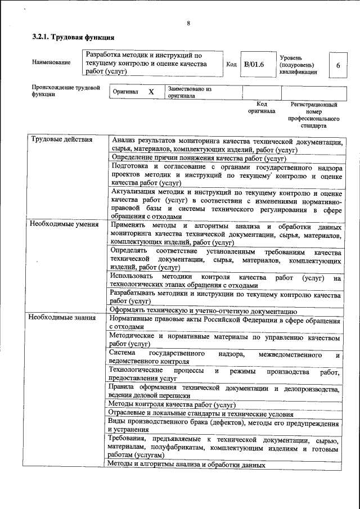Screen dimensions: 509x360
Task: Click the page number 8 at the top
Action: point(188,23)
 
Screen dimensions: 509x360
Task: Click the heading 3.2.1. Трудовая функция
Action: point(73,38)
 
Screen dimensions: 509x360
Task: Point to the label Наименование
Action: point(51,62)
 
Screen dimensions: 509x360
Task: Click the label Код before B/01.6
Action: point(231,65)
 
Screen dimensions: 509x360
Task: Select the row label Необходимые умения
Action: point(62,224)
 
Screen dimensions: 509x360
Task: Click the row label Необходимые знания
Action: point(61,318)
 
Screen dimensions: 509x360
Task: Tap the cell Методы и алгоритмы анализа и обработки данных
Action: point(186,465)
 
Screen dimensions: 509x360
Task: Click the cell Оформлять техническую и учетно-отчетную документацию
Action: point(203,310)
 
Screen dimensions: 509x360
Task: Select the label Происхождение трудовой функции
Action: point(66,91)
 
